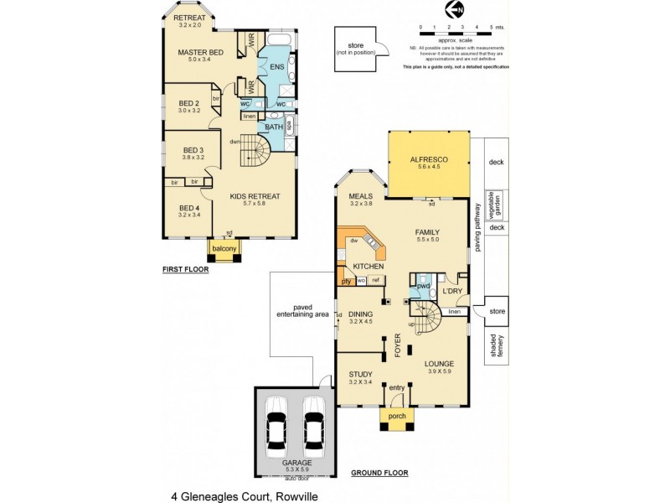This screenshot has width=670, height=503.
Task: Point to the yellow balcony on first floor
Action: [x=224, y=249]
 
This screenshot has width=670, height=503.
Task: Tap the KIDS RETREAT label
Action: [x=255, y=196]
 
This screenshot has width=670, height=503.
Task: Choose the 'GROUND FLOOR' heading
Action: [x=379, y=473]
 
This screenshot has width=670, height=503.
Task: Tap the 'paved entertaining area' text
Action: [x=301, y=310]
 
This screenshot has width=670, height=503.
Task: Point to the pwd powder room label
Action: [x=423, y=286]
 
